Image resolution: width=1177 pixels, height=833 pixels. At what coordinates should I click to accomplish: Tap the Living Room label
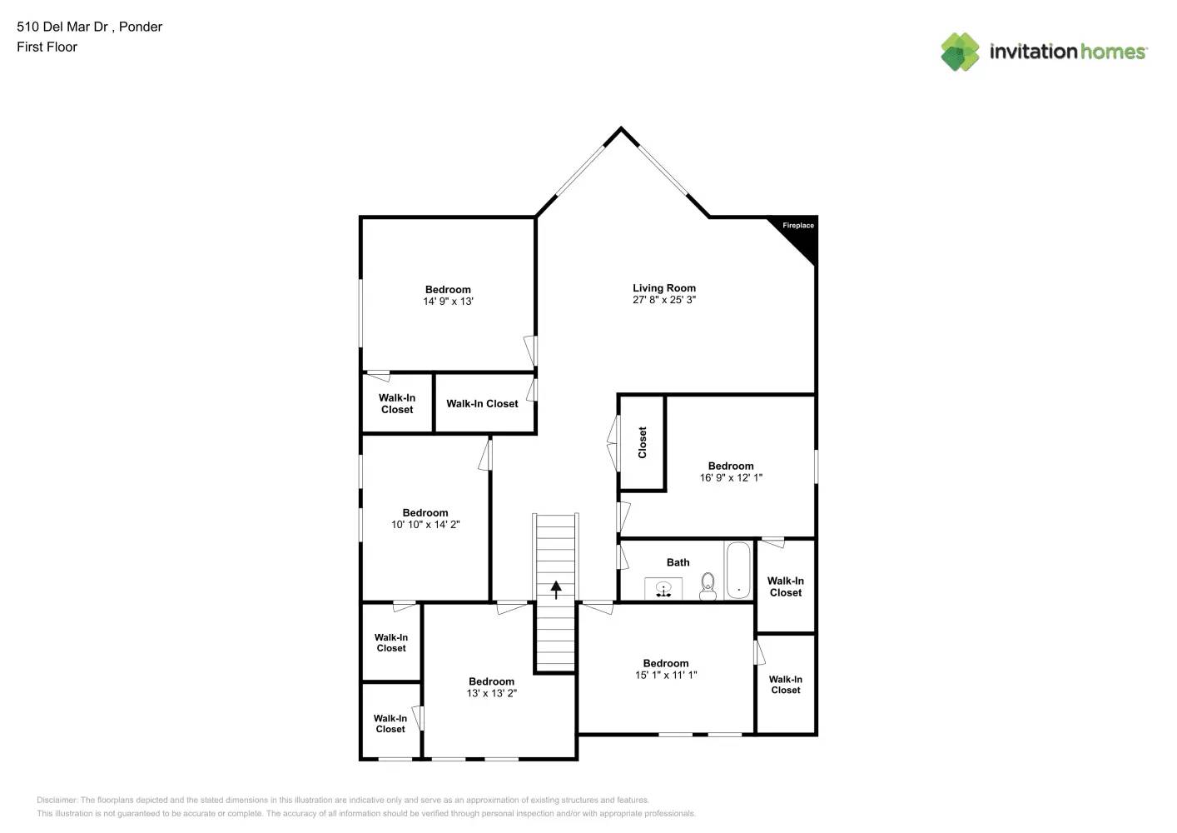664,288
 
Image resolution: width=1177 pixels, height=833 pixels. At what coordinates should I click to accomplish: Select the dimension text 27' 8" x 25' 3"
664,300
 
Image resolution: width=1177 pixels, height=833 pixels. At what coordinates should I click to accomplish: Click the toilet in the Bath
708,586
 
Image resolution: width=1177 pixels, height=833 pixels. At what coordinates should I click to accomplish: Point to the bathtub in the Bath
738,571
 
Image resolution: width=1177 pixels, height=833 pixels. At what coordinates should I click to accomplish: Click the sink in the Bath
663,589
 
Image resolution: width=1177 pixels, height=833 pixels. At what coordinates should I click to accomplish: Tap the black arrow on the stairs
556,590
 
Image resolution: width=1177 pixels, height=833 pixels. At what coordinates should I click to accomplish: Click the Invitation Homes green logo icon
960,52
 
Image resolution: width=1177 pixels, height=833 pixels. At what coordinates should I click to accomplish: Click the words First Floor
47,47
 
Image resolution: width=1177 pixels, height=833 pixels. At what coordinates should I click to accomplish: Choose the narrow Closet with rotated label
643,442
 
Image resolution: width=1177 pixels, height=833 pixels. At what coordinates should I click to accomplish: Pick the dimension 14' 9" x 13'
448,302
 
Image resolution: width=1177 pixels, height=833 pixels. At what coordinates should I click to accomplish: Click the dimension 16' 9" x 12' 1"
731,478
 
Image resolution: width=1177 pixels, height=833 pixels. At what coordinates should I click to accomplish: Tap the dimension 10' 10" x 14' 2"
425,525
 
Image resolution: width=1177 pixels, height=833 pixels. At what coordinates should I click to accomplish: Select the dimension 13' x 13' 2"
491,693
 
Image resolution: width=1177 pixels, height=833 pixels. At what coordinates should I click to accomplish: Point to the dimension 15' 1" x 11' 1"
666,676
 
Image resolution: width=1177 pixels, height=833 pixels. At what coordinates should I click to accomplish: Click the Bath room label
678,562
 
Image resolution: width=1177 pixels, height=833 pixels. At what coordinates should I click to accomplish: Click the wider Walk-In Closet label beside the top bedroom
482,404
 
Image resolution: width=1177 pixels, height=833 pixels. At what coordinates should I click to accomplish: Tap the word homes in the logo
1113,52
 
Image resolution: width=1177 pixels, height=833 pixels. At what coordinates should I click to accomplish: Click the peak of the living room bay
621,129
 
